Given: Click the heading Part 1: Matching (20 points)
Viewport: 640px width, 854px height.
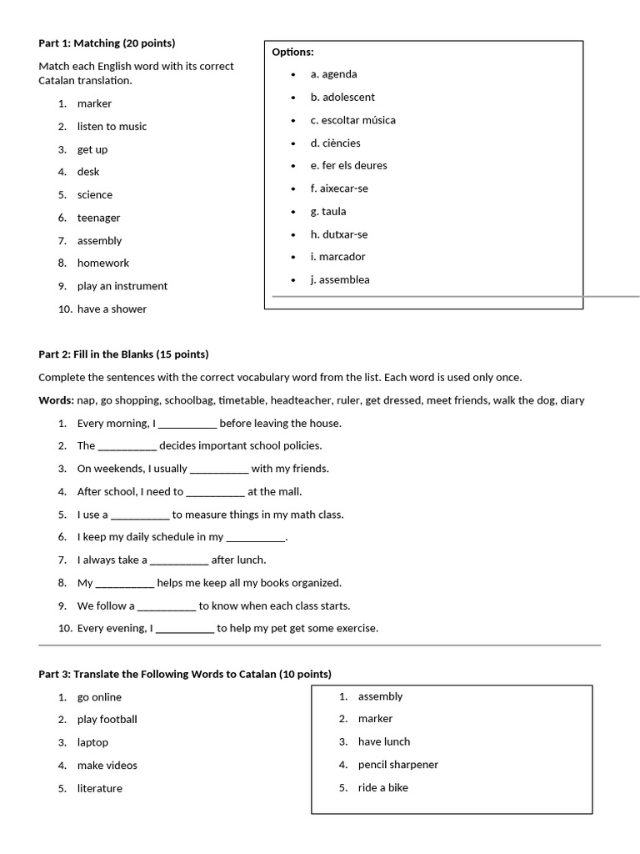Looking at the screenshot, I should pyautogui.click(x=107, y=43).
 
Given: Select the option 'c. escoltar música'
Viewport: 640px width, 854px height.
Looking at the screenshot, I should pyautogui.click(x=352, y=120).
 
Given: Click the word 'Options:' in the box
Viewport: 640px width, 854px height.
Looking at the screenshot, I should pyautogui.click(x=292, y=52).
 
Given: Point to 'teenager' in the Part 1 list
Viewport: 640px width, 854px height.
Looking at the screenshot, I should pyautogui.click(x=98, y=218).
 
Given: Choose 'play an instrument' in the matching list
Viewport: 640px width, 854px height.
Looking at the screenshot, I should pyautogui.click(x=122, y=286).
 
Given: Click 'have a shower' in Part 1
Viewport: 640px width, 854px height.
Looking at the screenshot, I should pyautogui.click(x=112, y=309).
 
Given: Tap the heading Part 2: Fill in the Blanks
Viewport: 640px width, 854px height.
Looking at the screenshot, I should pyautogui.click(x=123, y=354).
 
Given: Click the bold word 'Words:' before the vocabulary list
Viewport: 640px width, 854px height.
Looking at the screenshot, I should pyautogui.click(x=56, y=400).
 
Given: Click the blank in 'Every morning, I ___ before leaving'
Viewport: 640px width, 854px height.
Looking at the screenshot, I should pyautogui.click(x=187, y=424).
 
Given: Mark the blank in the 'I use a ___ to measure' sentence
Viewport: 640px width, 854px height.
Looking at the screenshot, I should pyautogui.click(x=140, y=515).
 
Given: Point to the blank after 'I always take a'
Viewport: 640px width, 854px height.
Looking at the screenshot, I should pyautogui.click(x=179, y=560).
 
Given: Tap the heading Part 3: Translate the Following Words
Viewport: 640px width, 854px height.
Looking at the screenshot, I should pyautogui.click(x=184, y=674).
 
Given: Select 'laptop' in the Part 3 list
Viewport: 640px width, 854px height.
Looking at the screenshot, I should pyautogui.click(x=92, y=742).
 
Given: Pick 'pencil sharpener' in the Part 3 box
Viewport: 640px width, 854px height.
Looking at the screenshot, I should pyautogui.click(x=397, y=765).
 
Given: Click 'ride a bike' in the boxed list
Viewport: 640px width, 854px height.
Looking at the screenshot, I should pyautogui.click(x=382, y=787).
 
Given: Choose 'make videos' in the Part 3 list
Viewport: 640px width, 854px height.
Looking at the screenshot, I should pyautogui.click(x=107, y=766).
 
